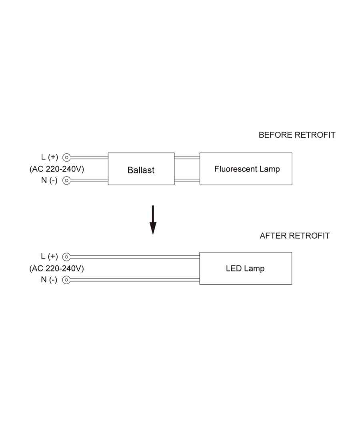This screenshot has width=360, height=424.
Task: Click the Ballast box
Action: [141, 169]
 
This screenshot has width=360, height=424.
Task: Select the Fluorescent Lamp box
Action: [246, 169]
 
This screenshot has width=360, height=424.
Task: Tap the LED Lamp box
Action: [246, 268]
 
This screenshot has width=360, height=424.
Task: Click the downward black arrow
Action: [153, 220]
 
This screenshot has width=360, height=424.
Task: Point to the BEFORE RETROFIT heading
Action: [297, 135]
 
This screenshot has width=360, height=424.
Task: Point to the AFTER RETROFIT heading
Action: [295, 236]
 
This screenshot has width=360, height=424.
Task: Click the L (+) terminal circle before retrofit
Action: [67, 157]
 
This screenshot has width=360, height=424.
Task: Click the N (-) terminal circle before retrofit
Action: [67, 181]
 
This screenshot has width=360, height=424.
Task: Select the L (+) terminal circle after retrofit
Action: [67, 257]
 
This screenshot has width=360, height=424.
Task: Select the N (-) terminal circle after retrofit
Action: [67, 280]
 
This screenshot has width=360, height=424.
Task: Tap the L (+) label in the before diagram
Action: [50, 157]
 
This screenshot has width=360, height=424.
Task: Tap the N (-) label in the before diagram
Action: [49, 180]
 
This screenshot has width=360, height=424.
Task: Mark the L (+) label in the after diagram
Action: [50, 257]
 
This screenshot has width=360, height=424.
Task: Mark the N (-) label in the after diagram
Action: [49, 280]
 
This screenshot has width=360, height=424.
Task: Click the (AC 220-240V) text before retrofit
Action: [57, 169]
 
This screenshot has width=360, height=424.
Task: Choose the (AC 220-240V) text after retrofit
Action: [57, 268]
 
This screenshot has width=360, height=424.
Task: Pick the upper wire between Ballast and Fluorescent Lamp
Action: [187, 157]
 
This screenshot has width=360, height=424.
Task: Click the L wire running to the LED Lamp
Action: [136, 257]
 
